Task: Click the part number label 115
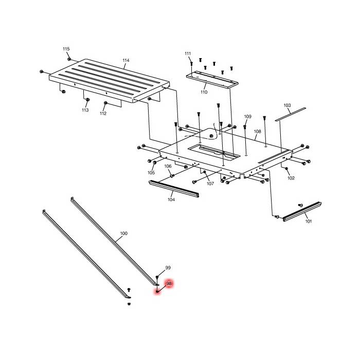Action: tap(66, 49)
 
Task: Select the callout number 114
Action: tap(126, 61)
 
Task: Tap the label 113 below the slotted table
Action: tap(85, 110)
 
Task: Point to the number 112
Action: tap(103, 114)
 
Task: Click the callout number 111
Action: tap(188, 53)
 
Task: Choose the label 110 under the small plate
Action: tap(204, 93)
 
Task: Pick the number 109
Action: tap(247, 117)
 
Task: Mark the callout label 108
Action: tap(257, 132)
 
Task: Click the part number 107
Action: tap(210, 184)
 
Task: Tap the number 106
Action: tap(168, 166)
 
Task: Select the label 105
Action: tap(151, 173)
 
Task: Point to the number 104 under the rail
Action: tap(171, 200)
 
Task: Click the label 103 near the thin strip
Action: tap(287, 105)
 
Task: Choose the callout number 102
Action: tap(291, 178)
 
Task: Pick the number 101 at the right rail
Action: tap(309, 222)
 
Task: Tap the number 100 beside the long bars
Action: tap(123, 233)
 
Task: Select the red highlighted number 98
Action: tap(169, 283)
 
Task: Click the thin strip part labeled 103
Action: tap(290, 114)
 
